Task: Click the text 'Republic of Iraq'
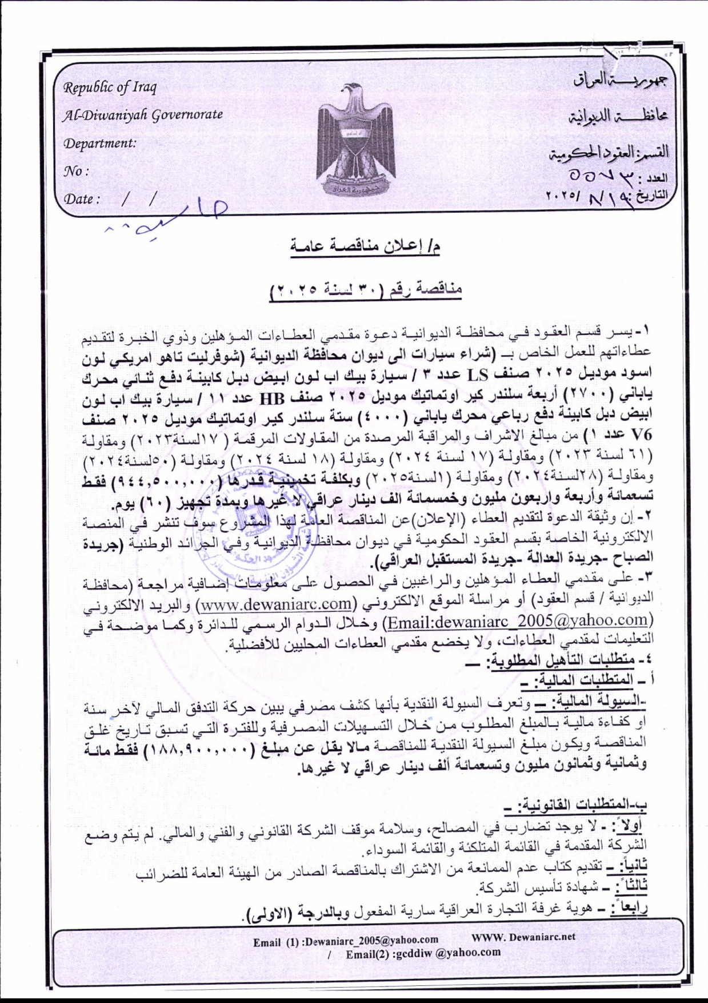tap(110, 88)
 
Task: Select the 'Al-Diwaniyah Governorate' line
tap(143, 114)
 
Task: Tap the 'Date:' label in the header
tap(82, 200)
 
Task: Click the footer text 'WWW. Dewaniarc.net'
tap(523, 937)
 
